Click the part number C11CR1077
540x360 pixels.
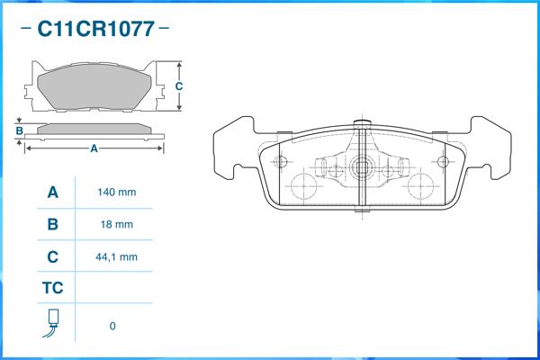click(95, 29)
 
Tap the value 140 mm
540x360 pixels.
click(117, 193)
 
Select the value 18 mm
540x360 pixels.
click(117, 225)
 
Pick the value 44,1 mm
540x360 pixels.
click(116, 257)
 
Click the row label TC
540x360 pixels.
click(53, 288)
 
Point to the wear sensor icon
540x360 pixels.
click(51, 323)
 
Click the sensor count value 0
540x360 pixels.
click(112, 326)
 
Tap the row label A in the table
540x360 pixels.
click(53, 193)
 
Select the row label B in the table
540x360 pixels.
click(53, 224)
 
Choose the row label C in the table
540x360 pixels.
click(53, 257)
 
